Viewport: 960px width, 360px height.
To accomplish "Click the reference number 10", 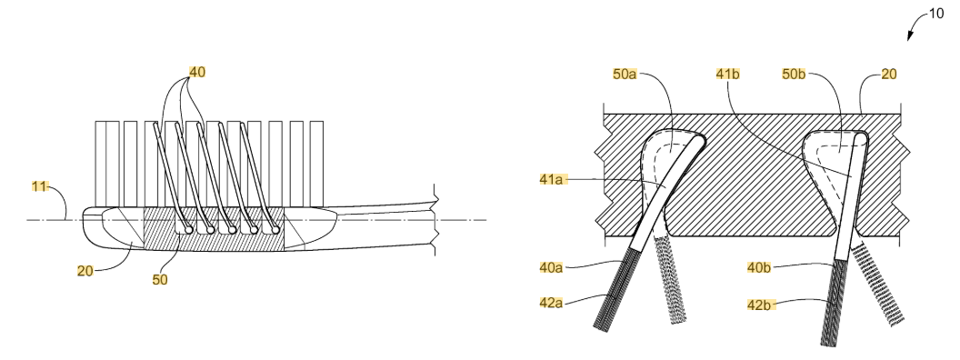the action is coord(936,13).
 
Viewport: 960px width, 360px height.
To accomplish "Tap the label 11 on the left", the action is coord(40,186).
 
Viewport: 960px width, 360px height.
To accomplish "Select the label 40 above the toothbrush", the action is coord(197,72).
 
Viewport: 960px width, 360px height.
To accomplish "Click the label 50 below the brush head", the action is coord(160,279).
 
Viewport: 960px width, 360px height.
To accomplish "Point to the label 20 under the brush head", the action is coord(85,270).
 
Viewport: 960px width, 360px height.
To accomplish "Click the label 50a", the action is coord(625,74).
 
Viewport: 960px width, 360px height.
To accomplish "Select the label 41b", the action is coord(728,74).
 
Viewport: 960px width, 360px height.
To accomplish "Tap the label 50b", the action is coord(794,74).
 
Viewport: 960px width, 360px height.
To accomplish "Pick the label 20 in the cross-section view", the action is coord(889,74).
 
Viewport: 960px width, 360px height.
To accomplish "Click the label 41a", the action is coord(552,179).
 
